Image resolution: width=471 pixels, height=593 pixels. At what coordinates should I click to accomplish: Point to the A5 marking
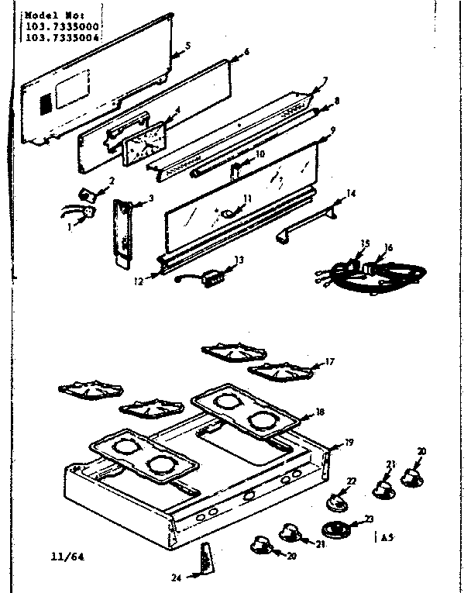tap(385, 536)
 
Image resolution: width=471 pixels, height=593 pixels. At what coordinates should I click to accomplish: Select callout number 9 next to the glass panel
tap(332, 129)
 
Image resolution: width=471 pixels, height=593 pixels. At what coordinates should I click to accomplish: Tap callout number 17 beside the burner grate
tap(331, 360)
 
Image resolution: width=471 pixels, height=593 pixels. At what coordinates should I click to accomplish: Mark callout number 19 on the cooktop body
tap(349, 443)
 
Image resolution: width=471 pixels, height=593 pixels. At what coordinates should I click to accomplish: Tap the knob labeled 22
tap(338, 500)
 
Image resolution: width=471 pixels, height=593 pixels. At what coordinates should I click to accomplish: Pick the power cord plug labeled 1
tap(88, 209)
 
